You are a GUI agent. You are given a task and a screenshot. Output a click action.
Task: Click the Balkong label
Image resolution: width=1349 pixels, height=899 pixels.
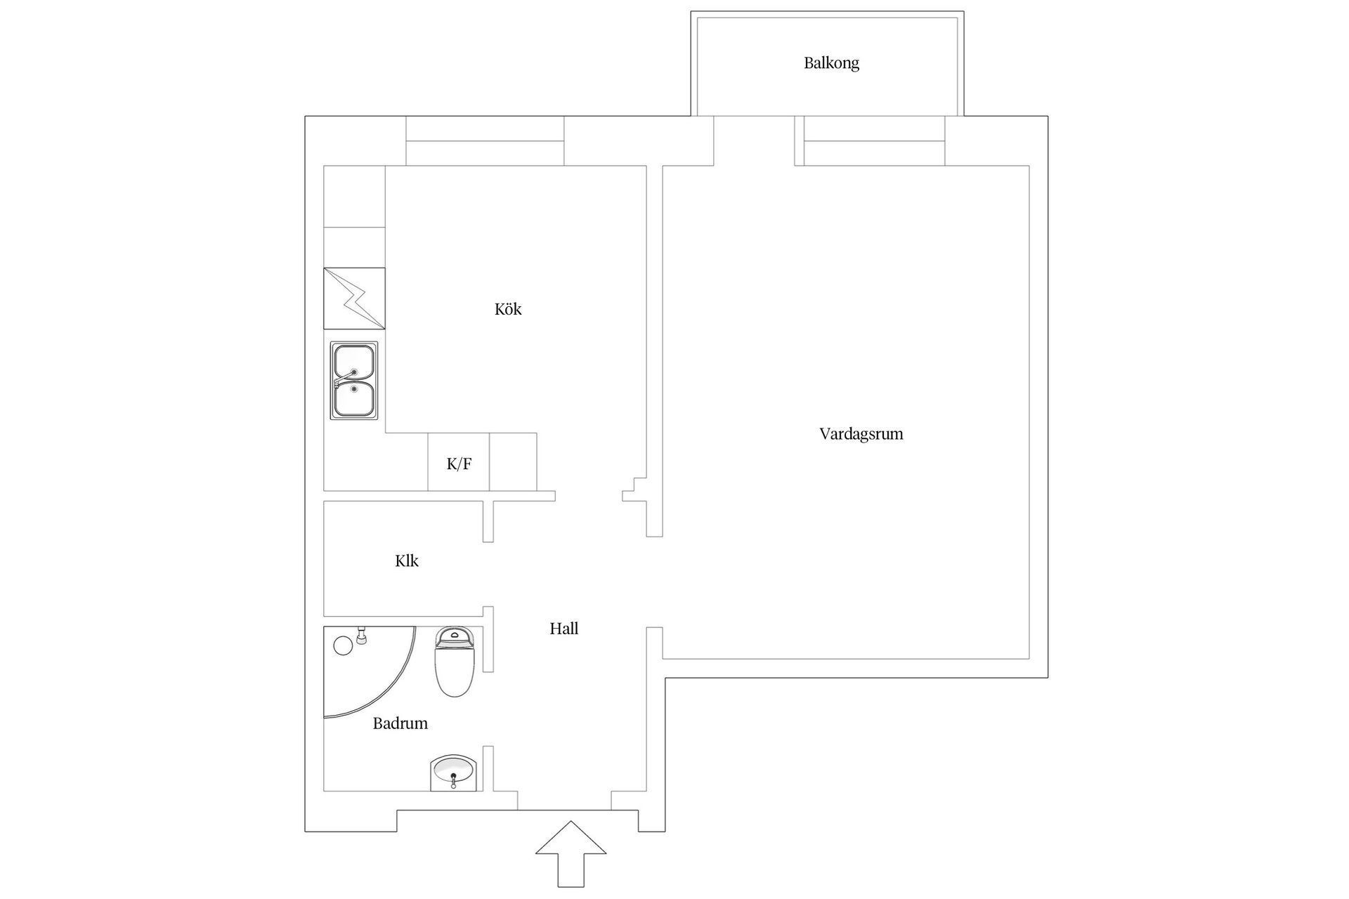tap(831, 63)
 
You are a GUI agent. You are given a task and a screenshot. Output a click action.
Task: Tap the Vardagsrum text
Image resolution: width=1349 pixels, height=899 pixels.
tap(861, 434)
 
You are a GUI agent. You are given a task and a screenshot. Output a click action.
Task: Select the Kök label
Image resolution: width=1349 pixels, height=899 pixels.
tap(508, 309)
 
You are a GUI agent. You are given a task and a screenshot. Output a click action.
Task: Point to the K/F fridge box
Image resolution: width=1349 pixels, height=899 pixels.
tap(459, 463)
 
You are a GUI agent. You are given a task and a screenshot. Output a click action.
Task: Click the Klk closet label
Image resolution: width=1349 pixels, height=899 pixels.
tap(406, 560)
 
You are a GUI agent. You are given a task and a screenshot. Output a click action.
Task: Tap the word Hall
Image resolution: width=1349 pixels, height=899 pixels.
tap(563, 629)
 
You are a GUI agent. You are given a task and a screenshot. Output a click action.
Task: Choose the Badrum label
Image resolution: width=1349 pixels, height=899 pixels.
tap(400, 723)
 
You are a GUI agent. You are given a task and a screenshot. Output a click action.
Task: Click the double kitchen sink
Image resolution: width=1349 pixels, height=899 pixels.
tap(354, 381)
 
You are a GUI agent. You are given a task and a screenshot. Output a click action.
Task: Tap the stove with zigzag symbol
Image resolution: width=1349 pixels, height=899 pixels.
tap(354, 298)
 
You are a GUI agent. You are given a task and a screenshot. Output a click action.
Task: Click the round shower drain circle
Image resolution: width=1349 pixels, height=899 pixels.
tap(342, 645)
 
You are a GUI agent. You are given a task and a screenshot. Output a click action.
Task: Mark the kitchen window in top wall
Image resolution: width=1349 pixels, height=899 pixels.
tap(485, 141)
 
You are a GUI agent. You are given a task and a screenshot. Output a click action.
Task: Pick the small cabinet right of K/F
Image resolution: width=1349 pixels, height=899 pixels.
tap(513, 462)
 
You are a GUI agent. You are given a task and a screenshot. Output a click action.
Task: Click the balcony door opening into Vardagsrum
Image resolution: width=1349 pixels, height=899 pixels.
tap(754, 140)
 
